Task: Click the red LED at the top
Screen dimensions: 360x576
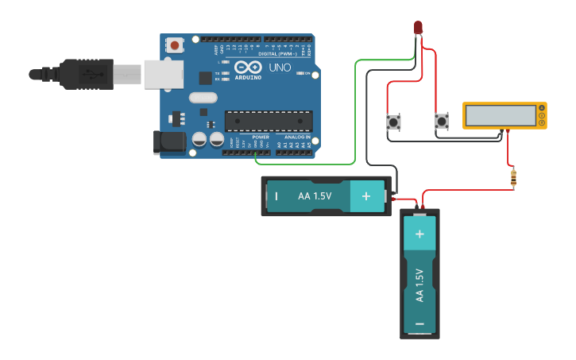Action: tap(418, 28)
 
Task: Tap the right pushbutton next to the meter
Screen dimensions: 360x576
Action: tap(442, 122)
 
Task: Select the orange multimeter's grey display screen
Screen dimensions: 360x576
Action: tap(501, 116)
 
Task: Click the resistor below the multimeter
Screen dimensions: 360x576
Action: tap(513, 179)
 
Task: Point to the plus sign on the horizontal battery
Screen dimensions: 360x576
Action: tap(366, 195)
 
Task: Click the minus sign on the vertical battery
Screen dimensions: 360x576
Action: tap(419, 323)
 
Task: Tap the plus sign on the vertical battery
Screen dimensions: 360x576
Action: tap(419, 234)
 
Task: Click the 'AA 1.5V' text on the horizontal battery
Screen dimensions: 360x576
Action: tap(315, 195)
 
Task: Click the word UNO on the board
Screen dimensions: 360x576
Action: tap(280, 68)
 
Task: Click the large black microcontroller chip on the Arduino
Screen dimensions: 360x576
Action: tap(268, 121)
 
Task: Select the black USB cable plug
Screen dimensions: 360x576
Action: tap(87, 73)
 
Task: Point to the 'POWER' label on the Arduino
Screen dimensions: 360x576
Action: tap(261, 137)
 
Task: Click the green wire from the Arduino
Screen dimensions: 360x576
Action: tap(350, 119)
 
